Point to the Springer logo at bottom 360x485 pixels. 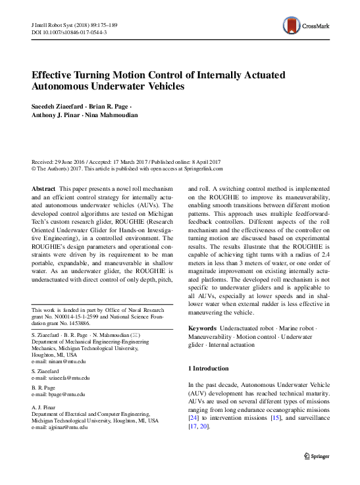point(317,455)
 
